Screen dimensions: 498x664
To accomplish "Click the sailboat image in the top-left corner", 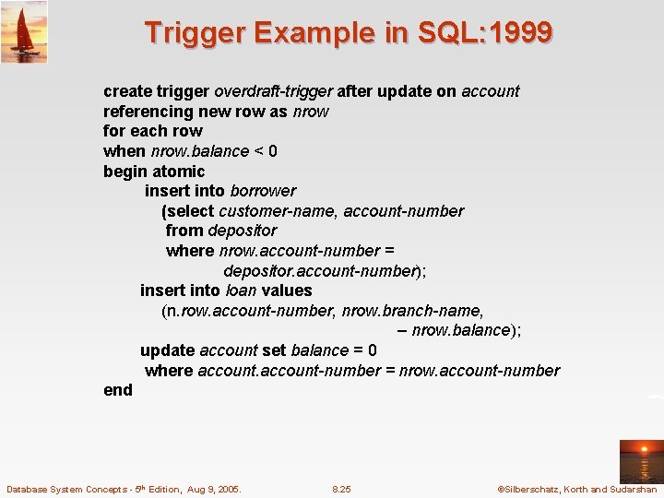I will (24, 31).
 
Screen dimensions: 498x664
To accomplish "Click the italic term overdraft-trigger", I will (273, 91).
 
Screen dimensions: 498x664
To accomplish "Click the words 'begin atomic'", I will (154, 172).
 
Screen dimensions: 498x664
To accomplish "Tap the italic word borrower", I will (263, 191).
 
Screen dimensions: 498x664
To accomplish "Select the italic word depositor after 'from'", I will (242, 231).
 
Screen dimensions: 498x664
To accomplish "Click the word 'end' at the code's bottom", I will (118, 390).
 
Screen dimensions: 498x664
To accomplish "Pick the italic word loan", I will (241, 290).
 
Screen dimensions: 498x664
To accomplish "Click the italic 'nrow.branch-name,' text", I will (412, 311).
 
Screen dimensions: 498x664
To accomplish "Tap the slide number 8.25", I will (341, 489).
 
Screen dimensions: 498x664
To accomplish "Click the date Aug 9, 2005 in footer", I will (211, 489).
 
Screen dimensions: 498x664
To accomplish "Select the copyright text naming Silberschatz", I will (576, 489).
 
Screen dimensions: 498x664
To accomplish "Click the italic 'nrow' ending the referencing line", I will (311, 112).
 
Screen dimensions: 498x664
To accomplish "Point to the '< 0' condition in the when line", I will (266, 151).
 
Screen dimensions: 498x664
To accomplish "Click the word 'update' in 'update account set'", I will (167, 350).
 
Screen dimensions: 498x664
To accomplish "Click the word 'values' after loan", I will (287, 290).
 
